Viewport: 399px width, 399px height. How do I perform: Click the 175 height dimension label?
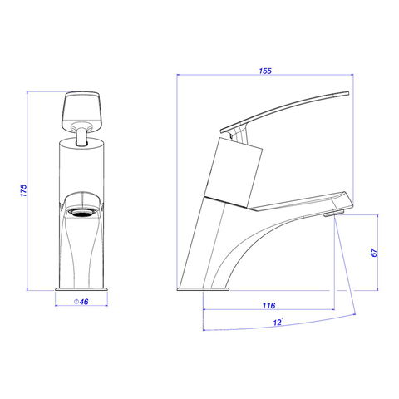24,190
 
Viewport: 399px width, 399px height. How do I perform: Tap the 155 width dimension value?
265,71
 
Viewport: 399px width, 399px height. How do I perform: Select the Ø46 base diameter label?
81,302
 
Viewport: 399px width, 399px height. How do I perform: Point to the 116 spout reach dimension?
268,305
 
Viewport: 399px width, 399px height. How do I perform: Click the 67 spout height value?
373,253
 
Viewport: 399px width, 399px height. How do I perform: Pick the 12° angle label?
278,322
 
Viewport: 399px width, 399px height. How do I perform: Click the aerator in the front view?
82,213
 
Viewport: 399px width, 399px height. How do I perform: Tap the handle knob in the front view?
82,111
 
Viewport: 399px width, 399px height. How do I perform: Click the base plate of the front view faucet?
81,289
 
